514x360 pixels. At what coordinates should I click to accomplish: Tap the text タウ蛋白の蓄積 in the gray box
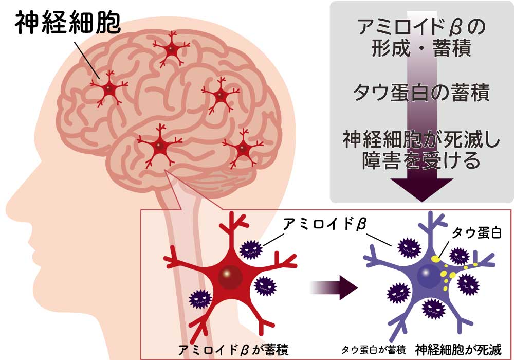pos(421,93)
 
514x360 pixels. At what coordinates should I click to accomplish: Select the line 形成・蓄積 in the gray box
pos(421,48)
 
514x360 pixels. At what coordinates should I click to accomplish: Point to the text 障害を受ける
pos(421,160)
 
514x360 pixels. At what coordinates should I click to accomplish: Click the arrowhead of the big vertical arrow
pos(422,190)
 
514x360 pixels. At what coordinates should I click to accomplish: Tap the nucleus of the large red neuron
pos(230,277)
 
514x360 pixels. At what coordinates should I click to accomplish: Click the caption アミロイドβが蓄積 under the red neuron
pos(233,350)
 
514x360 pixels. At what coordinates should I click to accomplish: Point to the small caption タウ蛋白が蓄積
pos(373,350)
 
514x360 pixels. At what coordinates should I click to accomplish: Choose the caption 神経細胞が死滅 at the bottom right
pos(458,350)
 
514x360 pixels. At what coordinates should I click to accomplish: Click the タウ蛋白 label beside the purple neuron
pos(476,233)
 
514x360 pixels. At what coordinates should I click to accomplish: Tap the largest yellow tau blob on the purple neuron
pos(435,259)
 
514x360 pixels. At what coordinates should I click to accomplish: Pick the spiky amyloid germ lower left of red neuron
pos(200,299)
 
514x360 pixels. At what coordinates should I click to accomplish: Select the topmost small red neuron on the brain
pos(171,49)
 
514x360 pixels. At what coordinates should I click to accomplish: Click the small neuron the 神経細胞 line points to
pos(108,88)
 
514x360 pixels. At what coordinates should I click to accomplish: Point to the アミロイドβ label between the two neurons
pos(324,225)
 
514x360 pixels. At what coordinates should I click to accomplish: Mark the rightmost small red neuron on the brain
pos(243,148)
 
